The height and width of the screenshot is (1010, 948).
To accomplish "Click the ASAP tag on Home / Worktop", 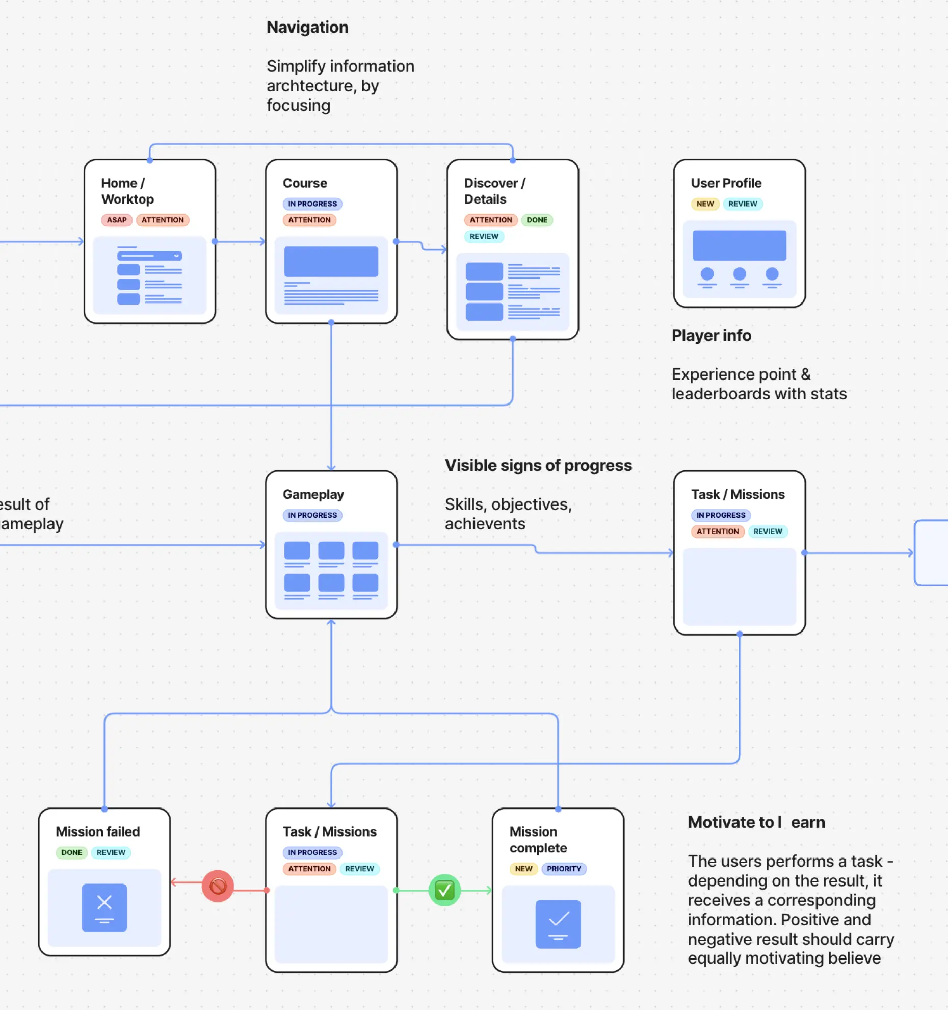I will pyautogui.click(x=117, y=220).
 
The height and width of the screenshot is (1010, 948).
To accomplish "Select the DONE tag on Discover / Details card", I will pyautogui.click(x=537, y=220).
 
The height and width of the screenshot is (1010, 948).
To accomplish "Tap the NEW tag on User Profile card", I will pyautogui.click(x=705, y=204).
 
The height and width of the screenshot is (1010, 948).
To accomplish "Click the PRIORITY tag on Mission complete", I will pyautogui.click(x=564, y=869).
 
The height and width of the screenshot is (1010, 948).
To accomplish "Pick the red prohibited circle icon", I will pyautogui.click(x=218, y=886).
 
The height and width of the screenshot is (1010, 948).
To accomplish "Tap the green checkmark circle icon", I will pyautogui.click(x=444, y=890).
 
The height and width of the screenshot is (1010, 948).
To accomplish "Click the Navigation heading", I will pyautogui.click(x=307, y=27).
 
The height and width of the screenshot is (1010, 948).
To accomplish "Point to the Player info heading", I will pyautogui.click(x=711, y=335).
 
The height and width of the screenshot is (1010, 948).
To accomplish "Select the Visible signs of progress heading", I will pyautogui.click(x=538, y=465).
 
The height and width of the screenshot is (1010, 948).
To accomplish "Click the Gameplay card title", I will pyautogui.click(x=313, y=494).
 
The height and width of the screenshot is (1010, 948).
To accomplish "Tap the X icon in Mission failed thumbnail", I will pyautogui.click(x=104, y=903).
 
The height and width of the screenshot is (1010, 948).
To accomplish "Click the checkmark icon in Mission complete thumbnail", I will pyautogui.click(x=559, y=919).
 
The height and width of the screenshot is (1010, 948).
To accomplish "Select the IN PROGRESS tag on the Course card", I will pyautogui.click(x=312, y=204).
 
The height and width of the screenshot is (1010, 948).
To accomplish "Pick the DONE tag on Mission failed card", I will pyautogui.click(x=72, y=852).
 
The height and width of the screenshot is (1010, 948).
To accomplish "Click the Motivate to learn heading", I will pyautogui.click(x=756, y=822).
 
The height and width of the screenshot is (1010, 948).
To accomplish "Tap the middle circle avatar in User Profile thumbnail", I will pyautogui.click(x=739, y=274).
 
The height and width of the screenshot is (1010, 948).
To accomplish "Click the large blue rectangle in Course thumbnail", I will pyautogui.click(x=331, y=262).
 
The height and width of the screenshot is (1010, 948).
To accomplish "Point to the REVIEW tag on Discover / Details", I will pyautogui.click(x=484, y=236).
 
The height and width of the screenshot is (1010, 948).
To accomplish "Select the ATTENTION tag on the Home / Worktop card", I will pyautogui.click(x=163, y=220).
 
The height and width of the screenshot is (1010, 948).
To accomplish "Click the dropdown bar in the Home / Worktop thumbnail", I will pyautogui.click(x=149, y=256).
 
